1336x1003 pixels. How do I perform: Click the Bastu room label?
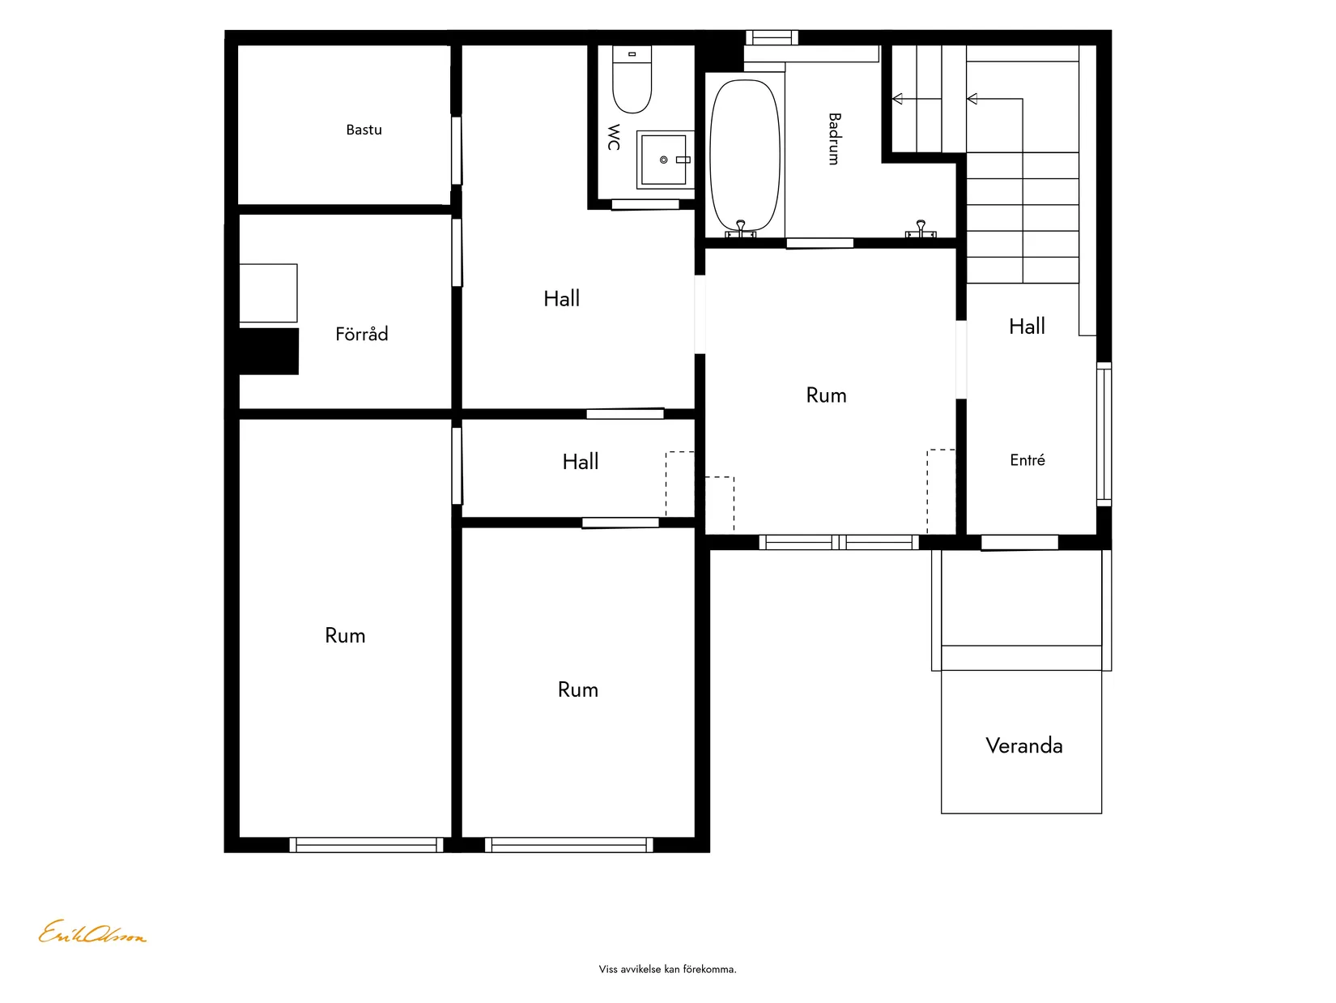click(x=364, y=130)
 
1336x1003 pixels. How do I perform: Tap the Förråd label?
click(x=362, y=333)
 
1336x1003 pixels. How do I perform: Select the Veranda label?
click(x=1023, y=746)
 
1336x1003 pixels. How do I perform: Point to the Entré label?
click(x=1028, y=460)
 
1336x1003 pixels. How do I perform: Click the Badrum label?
click(x=834, y=139)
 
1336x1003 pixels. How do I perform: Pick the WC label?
click(x=614, y=137)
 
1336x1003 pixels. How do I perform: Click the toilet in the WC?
click(x=632, y=79)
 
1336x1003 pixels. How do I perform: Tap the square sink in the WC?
click(x=664, y=160)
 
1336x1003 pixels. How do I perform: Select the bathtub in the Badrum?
click(x=745, y=156)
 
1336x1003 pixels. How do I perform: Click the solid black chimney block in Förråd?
click(x=269, y=352)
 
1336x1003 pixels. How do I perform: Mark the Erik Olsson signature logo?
click(x=92, y=933)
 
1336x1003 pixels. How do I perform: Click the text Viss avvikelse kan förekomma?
click(x=668, y=969)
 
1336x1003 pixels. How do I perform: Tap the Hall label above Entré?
click(x=1027, y=327)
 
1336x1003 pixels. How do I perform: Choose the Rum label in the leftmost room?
click(x=345, y=636)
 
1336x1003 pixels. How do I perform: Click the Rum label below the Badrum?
click(x=826, y=395)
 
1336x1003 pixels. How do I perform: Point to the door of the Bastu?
click(x=457, y=151)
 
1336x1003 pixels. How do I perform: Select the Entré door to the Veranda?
click(x=1019, y=543)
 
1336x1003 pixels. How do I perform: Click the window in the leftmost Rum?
click(x=367, y=845)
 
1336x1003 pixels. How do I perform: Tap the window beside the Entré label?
click(x=1104, y=434)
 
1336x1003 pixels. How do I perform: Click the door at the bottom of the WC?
click(x=645, y=205)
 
